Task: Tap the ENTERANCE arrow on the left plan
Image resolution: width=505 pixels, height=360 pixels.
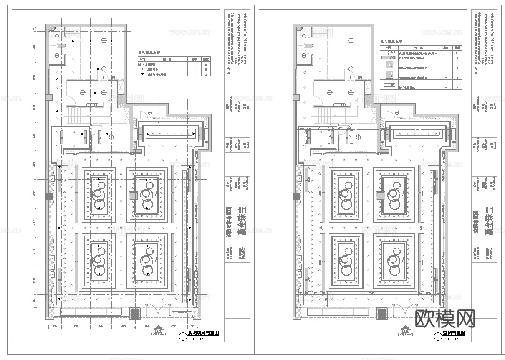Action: (158, 329)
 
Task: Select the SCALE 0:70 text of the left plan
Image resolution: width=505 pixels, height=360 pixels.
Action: (199, 339)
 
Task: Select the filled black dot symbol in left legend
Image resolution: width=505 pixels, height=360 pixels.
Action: (143, 74)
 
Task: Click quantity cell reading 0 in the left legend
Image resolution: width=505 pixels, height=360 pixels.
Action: (206, 65)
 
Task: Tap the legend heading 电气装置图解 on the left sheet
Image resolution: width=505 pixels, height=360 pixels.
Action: (149, 53)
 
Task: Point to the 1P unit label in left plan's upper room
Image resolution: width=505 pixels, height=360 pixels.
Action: (112, 78)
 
